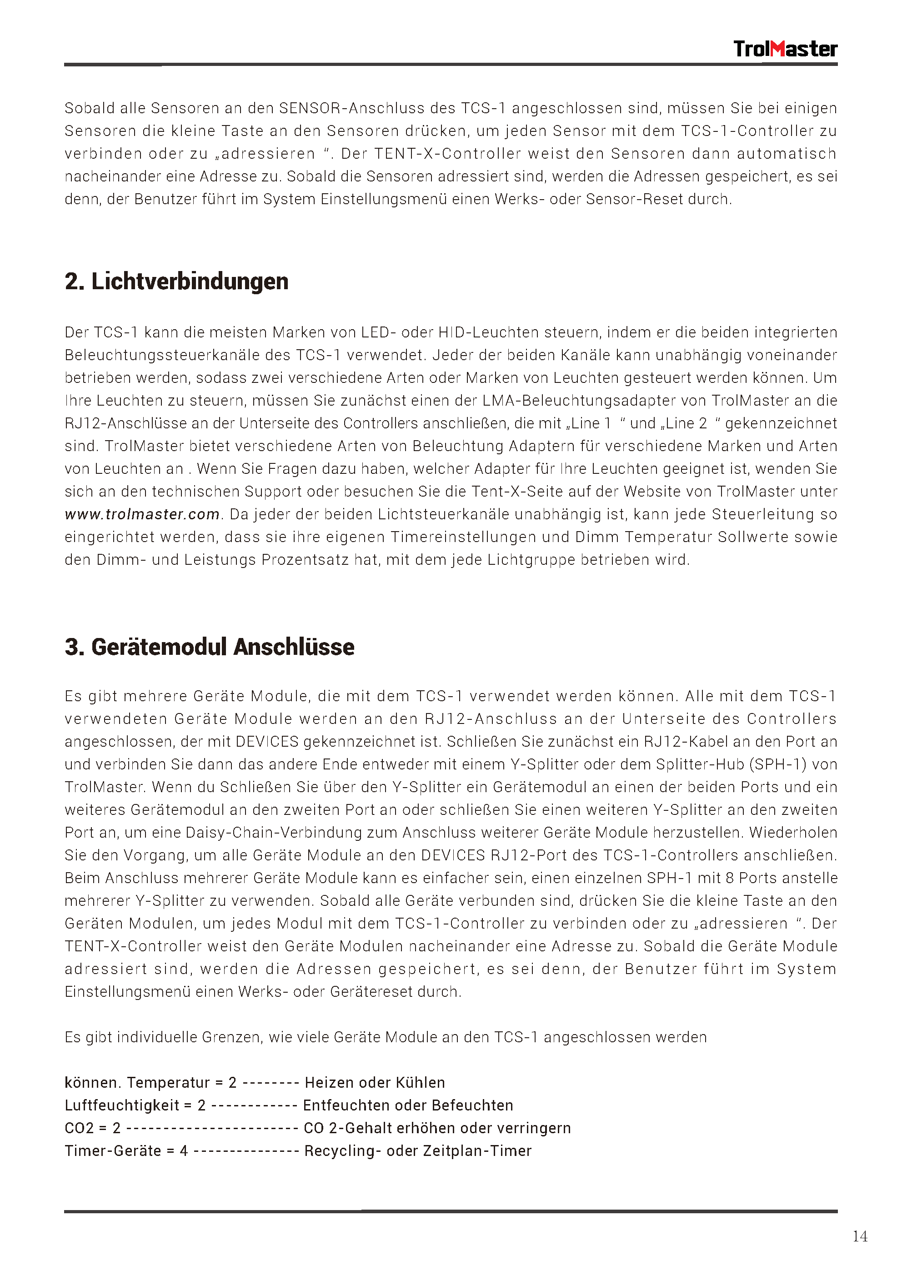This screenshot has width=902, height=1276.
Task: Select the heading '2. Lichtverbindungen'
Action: [x=177, y=282]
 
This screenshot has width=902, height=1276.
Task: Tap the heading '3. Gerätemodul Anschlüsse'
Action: [x=210, y=647]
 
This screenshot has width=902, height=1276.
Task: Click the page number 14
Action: [x=859, y=1236]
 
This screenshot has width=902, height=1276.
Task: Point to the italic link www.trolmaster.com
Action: [x=142, y=515]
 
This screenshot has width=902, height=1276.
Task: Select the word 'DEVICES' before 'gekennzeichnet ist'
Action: [x=267, y=742]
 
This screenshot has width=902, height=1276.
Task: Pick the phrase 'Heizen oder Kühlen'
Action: [x=375, y=1083]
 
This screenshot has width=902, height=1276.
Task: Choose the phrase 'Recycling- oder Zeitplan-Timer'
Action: [x=418, y=1151]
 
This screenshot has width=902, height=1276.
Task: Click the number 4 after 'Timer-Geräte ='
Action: [x=184, y=1151]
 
